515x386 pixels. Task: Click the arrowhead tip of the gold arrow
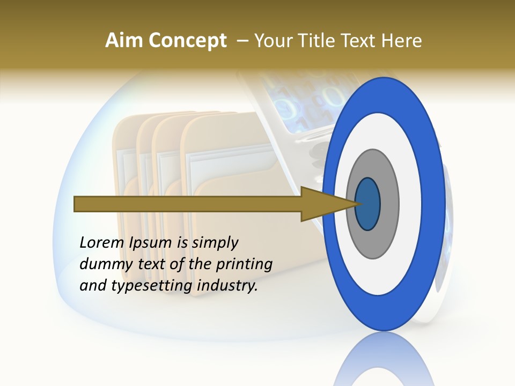tap(356, 204)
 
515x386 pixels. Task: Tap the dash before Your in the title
tap(242, 41)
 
